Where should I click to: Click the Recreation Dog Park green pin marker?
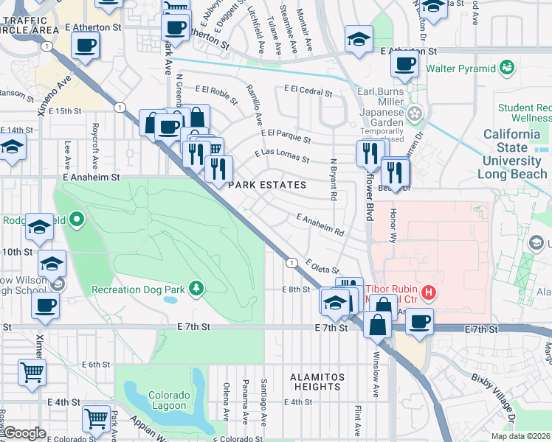coord(196,287)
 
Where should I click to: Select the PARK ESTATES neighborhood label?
coord(266,185)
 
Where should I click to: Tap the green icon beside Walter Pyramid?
coord(507,69)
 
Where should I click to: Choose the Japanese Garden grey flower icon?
coord(415,113)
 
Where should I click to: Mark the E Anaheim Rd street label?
coord(320,225)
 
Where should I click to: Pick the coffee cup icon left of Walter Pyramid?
coord(404,64)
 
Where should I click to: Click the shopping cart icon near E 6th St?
coord(32,372)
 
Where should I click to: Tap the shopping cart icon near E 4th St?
coord(96,418)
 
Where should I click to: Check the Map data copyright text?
coord(521,436)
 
